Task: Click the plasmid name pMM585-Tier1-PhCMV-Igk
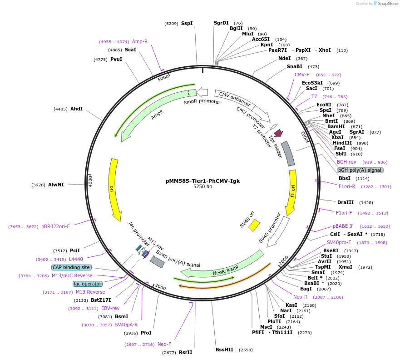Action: tap(202, 180)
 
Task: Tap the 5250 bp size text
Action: tap(202, 187)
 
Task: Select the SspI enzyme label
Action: tap(187, 23)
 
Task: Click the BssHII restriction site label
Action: tap(224, 350)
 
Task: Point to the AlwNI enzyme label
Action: tap(56, 185)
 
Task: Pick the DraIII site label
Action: tap(346, 202)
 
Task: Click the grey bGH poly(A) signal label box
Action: tap(360, 170)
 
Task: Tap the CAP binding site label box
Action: tap(71, 267)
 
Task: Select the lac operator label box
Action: tap(88, 284)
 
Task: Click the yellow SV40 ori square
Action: tap(254, 225)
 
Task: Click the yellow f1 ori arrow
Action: tap(292, 191)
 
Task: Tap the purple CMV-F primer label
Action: tap(302, 75)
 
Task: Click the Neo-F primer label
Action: tap(164, 344)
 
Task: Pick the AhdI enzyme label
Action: tap(76, 109)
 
